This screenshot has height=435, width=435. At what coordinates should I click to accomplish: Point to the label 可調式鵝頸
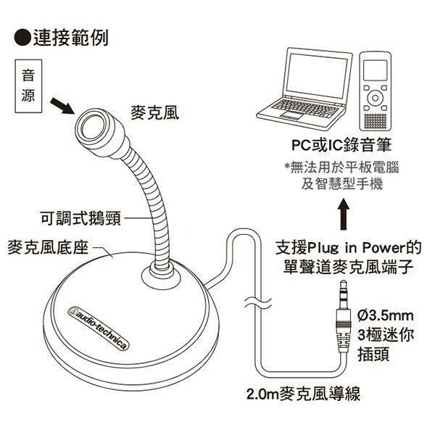pyautogui.click(x=79, y=217)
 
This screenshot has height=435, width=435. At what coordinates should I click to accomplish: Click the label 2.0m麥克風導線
pyautogui.click(x=302, y=394)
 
